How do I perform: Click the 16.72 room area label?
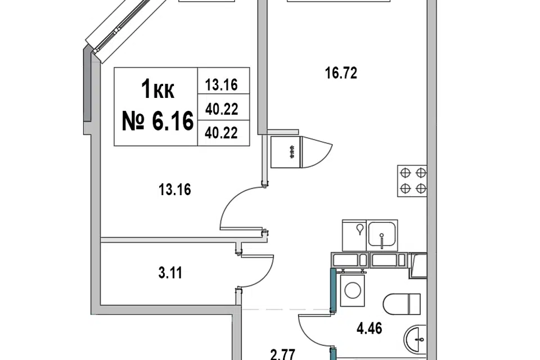click(x=341, y=73)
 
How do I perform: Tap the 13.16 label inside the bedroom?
click(x=175, y=190)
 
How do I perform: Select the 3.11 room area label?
click(x=170, y=273)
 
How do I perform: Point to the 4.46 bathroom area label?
click(x=369, y=328)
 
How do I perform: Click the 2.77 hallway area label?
click(x=282, y=355)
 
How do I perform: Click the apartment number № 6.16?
click(x=157, y=121)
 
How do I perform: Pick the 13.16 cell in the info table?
click(x=222, y=85)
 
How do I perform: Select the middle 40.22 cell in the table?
click(x=222, y=109)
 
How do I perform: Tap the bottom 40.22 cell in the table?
click(x=222, y=133)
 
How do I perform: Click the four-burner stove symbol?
click(x=412, y=181)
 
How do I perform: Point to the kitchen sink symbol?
click(x=382, y=235)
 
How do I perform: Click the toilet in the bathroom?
click(x=402, y=304)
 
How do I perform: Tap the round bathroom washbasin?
click(x=415, y=340)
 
